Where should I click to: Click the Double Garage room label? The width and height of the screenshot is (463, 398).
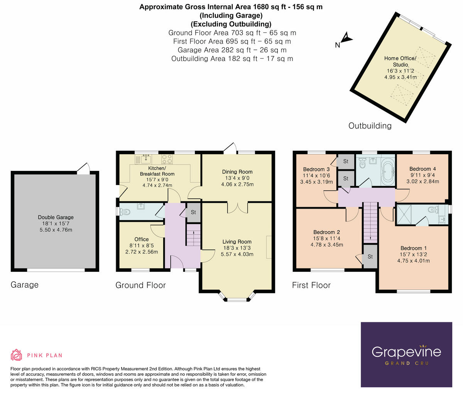point(56,218)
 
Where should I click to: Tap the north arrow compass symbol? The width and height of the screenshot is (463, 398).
point(347,38)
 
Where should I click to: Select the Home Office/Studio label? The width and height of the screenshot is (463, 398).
point(400,61)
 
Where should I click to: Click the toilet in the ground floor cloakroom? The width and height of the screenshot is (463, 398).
point(125,211)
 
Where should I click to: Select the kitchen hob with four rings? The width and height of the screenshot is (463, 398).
point(167,159)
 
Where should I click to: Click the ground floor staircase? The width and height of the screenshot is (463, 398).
point(193,235)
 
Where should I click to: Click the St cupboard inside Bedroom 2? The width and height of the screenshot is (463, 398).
point(370,256)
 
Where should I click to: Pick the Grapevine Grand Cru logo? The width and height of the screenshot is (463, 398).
point(406,354)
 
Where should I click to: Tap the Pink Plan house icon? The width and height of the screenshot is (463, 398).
point(16,355)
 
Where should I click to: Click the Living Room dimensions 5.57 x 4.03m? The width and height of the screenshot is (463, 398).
point(237,254)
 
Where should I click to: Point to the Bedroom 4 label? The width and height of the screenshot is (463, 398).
point(422,169)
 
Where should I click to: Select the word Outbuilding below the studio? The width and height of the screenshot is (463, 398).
point(370,126)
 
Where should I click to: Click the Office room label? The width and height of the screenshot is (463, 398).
point(142,239)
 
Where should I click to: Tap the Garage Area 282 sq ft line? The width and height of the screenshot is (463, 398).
point(232,50)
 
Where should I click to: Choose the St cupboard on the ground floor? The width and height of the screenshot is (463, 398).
point(193,212)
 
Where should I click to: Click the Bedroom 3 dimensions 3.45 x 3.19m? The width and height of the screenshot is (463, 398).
point(316,182)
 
